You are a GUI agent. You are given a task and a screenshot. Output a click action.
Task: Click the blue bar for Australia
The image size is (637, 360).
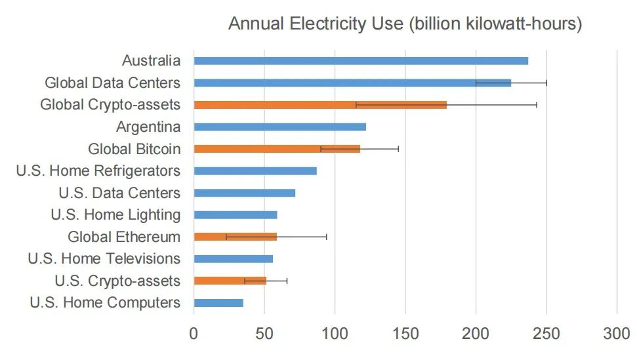[x=361, y=61]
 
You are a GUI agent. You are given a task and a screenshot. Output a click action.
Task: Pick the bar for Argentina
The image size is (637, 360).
[x=279, y=127]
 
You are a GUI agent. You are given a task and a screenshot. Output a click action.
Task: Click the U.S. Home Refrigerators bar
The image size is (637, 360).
[x=255, y=171]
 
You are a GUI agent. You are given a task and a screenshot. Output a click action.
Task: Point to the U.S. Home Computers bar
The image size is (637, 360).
[x=218, y=303]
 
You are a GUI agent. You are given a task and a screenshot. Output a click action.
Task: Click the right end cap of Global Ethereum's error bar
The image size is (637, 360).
[x=327, y=237]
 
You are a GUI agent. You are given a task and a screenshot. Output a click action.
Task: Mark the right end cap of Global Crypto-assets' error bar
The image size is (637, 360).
[x=537, y=105]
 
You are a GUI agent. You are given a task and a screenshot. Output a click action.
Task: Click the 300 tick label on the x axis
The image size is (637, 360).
[x=617, y=333]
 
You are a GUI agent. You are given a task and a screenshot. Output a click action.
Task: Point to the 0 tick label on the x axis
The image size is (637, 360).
[x=194, y=333]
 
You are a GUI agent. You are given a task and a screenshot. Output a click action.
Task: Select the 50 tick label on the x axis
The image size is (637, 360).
[x=264, y=333]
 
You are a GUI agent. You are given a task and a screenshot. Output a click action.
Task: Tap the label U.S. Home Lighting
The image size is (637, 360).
[x=115, y=214]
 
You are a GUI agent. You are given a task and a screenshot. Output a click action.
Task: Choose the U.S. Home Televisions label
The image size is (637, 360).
[x=104, y=258]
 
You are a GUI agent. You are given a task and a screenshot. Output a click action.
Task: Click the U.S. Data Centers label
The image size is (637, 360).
[x=119, y=193]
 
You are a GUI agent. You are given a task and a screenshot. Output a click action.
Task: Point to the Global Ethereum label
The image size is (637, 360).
[x=124, y=237]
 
